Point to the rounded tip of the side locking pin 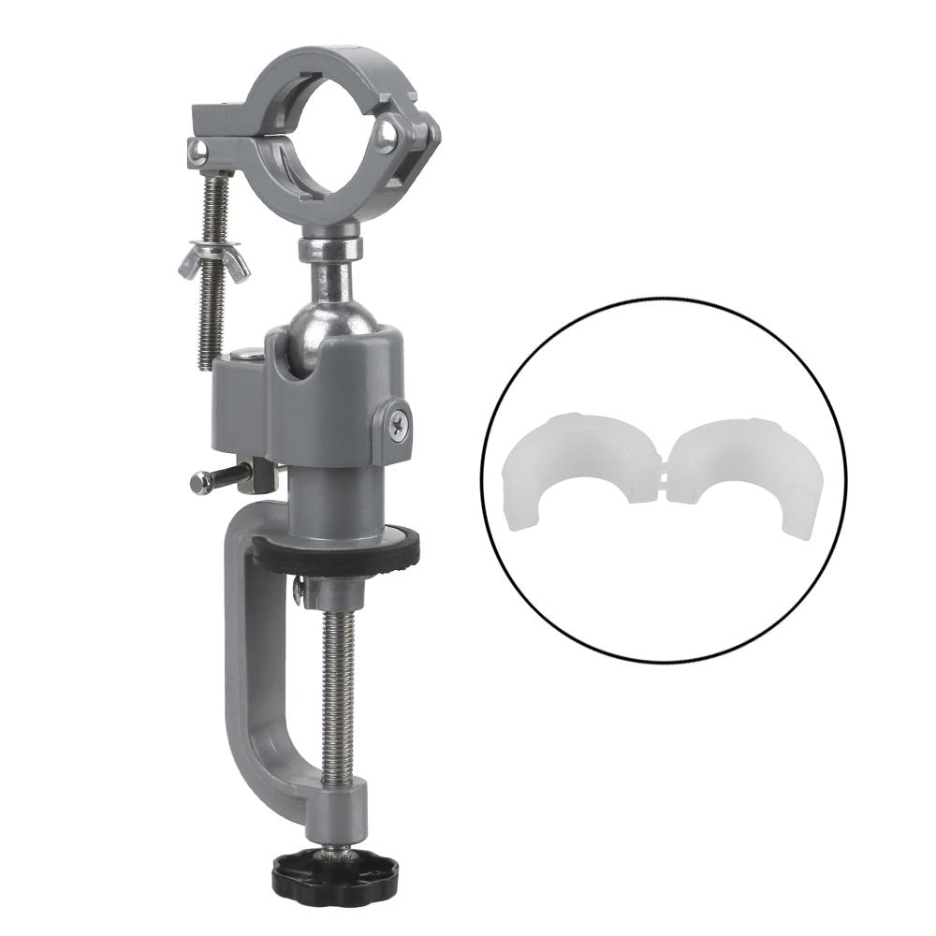point(197,483)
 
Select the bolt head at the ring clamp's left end point(197,150)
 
